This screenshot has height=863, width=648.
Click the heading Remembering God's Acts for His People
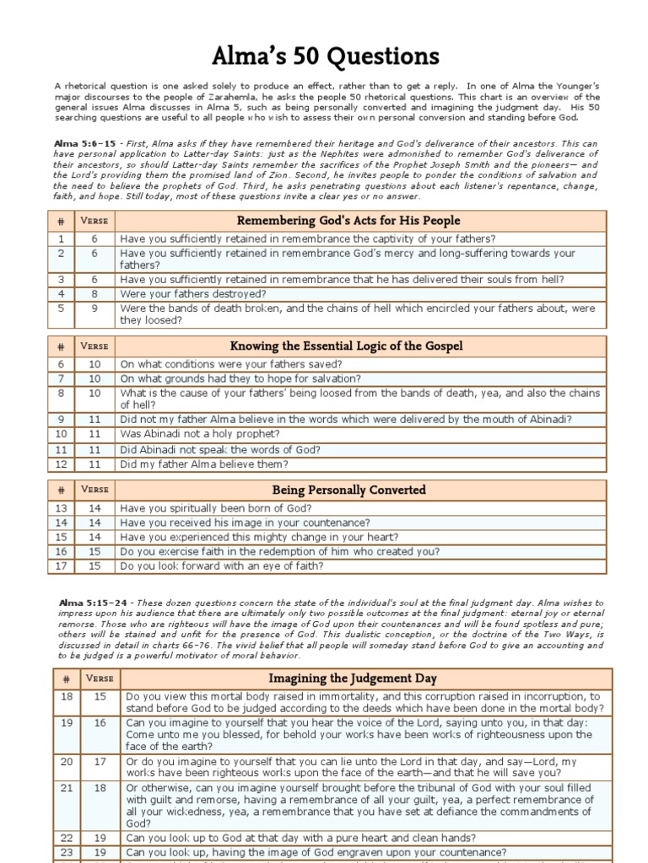(x=359, y=221)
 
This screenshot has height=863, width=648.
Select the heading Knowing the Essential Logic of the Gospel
(x=359, y=346)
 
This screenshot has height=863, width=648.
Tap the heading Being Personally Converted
(x=359, y=490)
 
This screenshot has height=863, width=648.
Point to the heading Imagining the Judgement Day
(x=364, y=678)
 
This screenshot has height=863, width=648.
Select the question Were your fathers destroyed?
(x=193, y=294)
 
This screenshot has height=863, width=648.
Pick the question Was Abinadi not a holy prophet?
(x=199, y=434)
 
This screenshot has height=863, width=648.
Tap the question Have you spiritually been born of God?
(x=215, y=508)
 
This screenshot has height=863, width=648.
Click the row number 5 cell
(x=60, y=308)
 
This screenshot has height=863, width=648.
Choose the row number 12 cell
(x=60, y=464)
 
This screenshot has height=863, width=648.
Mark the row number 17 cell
(x=60, y=566)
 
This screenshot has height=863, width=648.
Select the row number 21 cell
(x=65, y=788)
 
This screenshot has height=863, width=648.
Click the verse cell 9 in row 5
(x=94, y=308)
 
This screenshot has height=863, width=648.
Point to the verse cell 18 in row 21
(x=100, y=788)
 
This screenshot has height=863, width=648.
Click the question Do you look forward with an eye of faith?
(x=221, y=566)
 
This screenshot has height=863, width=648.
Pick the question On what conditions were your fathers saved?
(x=230, y=364)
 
